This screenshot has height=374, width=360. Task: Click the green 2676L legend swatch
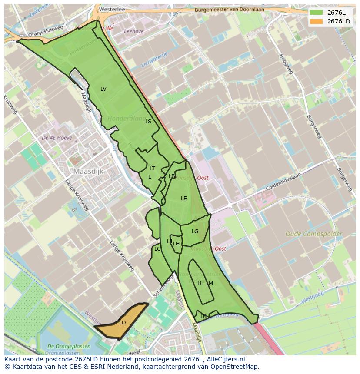click(317, 13)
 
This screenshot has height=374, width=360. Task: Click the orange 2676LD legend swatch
click(317, 21)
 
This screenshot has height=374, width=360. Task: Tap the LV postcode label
click(103, 89)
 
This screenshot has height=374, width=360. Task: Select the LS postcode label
click(148, 122)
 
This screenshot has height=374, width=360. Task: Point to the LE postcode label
click(184, 199)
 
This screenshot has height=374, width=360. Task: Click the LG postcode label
click(195, 232)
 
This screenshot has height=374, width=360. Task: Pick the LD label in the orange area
click(123, 323)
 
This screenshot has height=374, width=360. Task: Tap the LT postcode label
click(152, 169)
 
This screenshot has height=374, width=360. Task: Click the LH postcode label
click(177, 244)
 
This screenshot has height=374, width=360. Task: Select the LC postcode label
click(157, 249)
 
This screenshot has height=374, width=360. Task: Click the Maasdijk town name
click(88, 172)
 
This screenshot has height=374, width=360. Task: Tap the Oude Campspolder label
click(313, 234)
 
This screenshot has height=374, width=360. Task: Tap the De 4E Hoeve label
click(57, 138)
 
